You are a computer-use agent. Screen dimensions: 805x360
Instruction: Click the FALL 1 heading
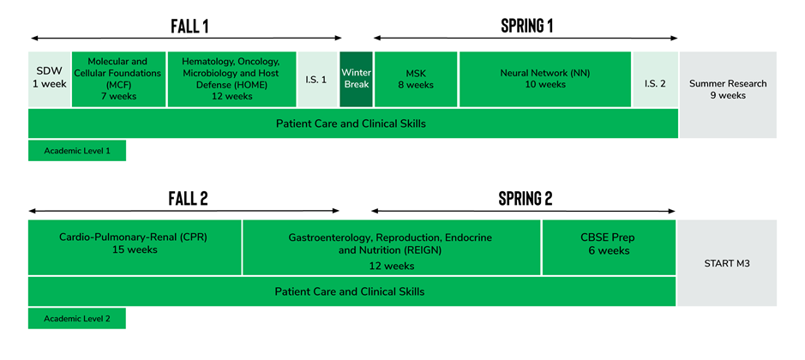tap(189, 27)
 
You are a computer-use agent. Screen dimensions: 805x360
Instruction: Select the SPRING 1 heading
tap(526, 26)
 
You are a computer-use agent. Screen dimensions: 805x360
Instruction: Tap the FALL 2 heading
tap(188, 199)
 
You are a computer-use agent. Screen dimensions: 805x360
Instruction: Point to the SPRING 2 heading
tap(526, 199)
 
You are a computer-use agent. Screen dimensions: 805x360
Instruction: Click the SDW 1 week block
tap(49, 79)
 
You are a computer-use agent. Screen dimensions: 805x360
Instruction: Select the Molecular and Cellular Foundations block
tap(118, 79)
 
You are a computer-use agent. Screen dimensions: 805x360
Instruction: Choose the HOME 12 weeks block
tap(232, 79)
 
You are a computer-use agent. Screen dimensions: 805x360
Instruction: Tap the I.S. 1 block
tap(317, 79)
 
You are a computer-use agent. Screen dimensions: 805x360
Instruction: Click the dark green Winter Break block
tap(357, 79)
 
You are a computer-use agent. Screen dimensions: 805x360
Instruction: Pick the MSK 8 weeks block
tap(416, 79)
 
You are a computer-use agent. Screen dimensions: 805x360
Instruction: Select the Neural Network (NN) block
tap(545, 79)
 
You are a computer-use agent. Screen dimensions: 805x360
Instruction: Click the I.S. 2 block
tap(655, 79)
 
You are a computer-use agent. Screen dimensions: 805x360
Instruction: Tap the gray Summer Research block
tap(728, 94)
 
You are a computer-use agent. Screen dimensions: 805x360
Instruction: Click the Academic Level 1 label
tap(77, 151)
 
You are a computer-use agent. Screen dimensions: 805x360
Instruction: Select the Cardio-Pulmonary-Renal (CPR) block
tap(135, 248)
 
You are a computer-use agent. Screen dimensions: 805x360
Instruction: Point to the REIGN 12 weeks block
tap(392, 248)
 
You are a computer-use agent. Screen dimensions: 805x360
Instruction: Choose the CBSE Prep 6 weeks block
tap(609, 248)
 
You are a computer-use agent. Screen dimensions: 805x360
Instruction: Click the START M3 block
tap(727, 263)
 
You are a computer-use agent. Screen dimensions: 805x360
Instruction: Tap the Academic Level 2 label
tap(77, 318)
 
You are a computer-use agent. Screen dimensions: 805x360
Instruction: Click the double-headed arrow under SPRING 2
tap(523, 211)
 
